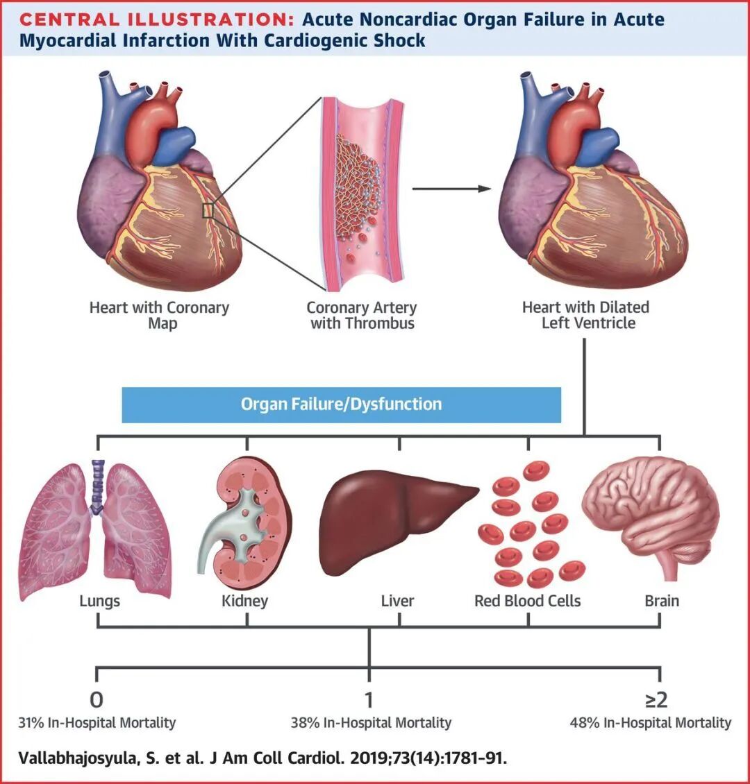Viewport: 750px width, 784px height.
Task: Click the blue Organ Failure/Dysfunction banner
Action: pyautogui.click(x=341, y=404)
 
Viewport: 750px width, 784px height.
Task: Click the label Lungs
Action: pyautogui.click(x=99, y=601)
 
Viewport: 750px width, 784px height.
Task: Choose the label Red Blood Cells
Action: pyautogui.click(x=527, y=601)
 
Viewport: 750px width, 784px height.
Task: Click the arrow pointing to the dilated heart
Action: pyautogui.click(x=451, y=188)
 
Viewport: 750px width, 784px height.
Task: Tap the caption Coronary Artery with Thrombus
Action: pyautogui.click(x=362, y=315)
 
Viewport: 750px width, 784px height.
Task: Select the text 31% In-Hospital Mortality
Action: pyautogui.click(x=97, y=723)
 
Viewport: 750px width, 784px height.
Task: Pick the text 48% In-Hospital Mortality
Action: pyautogui.click(x=650, y=723)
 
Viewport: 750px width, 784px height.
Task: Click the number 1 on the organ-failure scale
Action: pyautogui.click(x=369, y=699)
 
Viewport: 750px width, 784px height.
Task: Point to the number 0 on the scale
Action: pyautogui.click(x=97, y=699)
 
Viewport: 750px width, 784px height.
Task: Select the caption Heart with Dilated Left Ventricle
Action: pyautogui.click(x=585, y=315)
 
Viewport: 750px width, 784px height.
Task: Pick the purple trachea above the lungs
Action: pyautogui.click(x=99, y=485)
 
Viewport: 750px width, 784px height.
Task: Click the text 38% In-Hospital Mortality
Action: pyautogui.click(x=371, y=723)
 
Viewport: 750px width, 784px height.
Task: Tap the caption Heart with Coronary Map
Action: pyautogui.click(x=159, y=315)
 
